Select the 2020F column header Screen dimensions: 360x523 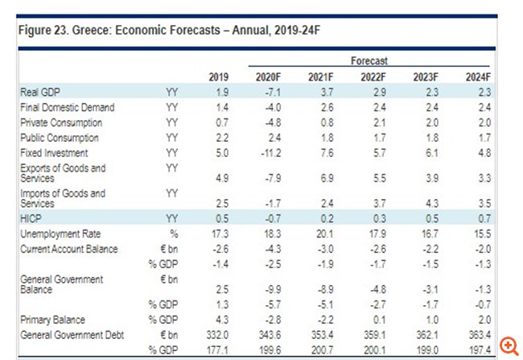tap(267, 77)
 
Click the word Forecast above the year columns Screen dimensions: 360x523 tap(369, 60)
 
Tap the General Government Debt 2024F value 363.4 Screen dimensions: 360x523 tap(479, 333)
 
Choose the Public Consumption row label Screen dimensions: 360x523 tap(60, 138)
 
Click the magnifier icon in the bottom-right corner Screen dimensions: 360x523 tap(509, 346)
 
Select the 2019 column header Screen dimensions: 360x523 tap(219, 77)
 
